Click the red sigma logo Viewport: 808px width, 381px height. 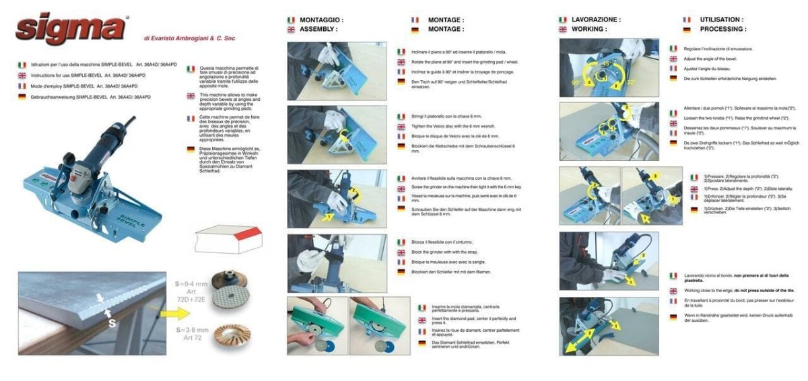[x=71, y=28]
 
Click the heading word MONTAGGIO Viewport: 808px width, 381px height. [x=321, y=20]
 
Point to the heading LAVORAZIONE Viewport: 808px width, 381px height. [x=596, y=20]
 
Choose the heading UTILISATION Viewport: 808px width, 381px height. [x=721, y=20]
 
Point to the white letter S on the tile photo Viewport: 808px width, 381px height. [x=112, y=322]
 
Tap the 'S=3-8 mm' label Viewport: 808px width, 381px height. [x=193, y=331]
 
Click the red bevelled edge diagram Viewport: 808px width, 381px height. [x=226, y=236]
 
